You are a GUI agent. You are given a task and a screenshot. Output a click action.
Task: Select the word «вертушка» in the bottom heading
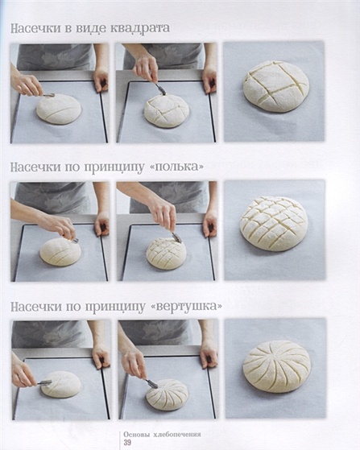(186, 306)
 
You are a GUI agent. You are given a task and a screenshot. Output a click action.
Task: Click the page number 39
(127, 442)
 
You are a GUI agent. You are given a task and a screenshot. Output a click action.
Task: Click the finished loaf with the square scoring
(276, 86)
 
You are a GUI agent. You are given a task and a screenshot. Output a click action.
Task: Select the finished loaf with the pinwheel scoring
(277, 366)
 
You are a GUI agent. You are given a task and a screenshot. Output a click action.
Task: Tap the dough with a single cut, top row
(59, 109)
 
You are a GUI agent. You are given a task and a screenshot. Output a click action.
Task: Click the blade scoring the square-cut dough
(161, 89)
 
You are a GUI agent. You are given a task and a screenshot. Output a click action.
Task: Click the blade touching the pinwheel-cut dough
(151, 384)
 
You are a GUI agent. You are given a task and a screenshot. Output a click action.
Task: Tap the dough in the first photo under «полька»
(60, 252)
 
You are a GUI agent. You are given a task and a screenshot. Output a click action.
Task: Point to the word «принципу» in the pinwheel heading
(115, 307)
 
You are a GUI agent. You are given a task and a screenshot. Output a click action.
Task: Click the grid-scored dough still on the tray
(166, 254)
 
